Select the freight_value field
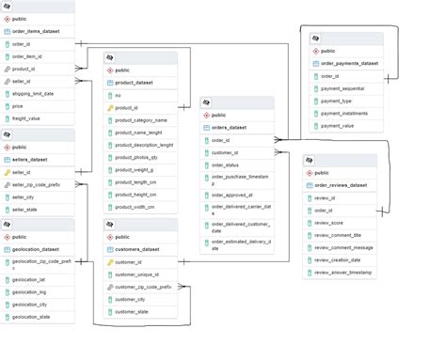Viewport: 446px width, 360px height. [27, 118]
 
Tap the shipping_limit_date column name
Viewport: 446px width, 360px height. [34, 94]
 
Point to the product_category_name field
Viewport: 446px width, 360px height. [140, 120]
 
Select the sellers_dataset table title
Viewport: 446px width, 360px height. [34, 160]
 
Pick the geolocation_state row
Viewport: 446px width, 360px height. [32, 317]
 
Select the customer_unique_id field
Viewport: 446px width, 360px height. [137, 274]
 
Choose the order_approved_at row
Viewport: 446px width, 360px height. [232, 195]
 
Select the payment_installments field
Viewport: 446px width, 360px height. [343, 113]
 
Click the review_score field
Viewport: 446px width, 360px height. [330, 223]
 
